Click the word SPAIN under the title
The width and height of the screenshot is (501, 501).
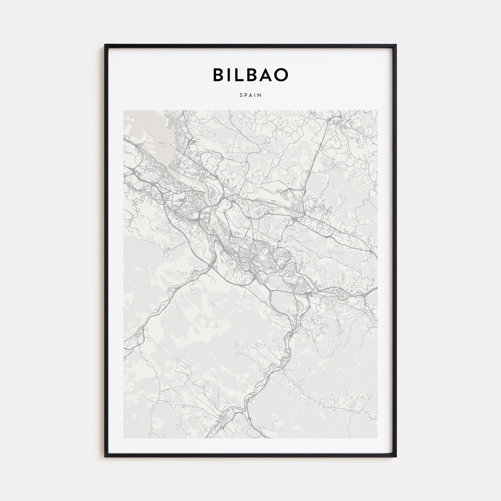click(x=250, y=95)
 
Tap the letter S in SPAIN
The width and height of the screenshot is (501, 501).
click(x=241, y=95)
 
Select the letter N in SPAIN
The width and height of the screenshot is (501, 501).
click(x=260, y=95)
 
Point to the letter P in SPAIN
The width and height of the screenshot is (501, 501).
click(x=246, y=95)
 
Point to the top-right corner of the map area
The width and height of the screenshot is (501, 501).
click(x=377, y=111)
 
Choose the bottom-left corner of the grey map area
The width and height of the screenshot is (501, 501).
click(x=124, y=438)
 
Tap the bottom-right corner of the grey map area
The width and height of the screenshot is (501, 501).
click(x=377, y=438)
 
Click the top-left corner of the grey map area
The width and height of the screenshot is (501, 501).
click(x=124, y=111)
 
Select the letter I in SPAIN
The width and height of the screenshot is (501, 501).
click(x=256, y=95)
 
